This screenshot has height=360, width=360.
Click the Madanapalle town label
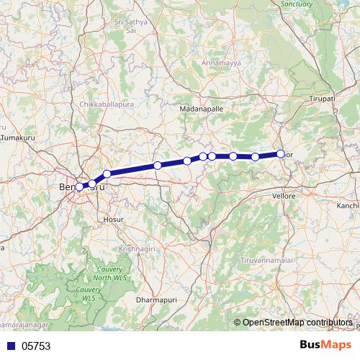pos(201,109)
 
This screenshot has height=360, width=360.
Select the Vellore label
pos(284,196)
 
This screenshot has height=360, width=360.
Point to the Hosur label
pos(114,218)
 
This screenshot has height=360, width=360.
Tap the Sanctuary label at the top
pos(297,4)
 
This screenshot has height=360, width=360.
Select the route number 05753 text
pos(36,346)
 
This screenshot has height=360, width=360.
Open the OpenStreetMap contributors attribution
pos(297,322)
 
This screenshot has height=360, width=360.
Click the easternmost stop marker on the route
pos(281,153)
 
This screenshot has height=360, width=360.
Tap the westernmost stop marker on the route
pos(79,187)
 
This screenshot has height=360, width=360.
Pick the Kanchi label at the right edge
pos(347,206)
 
